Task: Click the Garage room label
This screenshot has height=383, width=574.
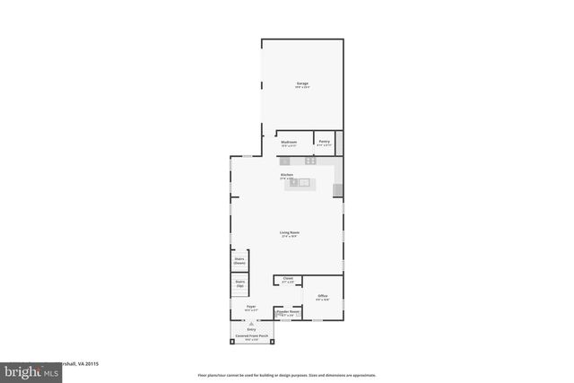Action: [302, 84]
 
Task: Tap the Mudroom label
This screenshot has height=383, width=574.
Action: [289, 143]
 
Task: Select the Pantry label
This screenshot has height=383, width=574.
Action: [323, 142]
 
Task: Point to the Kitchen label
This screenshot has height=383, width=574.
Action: [287, 175]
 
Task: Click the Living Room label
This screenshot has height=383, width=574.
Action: [289, 232]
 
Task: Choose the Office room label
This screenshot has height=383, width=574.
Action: [322, 296]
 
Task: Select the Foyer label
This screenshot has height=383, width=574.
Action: [251, 307]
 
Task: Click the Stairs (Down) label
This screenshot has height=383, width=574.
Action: [239, 261]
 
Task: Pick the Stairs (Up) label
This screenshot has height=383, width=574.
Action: [239, 283]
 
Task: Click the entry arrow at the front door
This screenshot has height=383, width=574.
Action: [252, 322]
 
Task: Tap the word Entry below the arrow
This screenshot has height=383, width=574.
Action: [252, 328]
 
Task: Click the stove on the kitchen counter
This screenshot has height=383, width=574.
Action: [310, 161]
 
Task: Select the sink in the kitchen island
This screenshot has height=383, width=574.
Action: [304, 182]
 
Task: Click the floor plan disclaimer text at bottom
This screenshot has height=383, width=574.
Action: [287, 375]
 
